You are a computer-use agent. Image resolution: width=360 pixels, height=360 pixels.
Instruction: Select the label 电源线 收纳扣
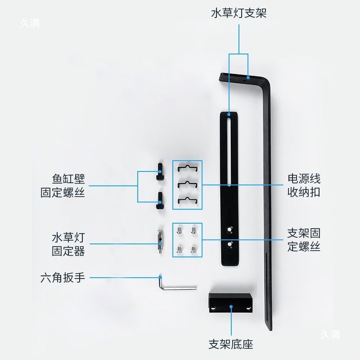304,185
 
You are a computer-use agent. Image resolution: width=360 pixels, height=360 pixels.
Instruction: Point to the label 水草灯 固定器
68,244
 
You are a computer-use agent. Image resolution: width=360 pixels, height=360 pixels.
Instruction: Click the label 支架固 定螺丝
304,240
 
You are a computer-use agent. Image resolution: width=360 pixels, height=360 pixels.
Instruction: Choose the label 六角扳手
63,277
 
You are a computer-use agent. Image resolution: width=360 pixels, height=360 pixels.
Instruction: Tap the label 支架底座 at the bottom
231,345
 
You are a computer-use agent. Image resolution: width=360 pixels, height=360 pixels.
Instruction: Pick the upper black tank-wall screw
159,173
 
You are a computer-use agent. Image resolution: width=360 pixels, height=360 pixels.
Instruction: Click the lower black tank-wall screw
160,201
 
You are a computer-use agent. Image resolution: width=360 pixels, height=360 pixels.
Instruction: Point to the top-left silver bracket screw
180,230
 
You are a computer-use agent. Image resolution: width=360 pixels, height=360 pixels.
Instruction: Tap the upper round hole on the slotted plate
230,229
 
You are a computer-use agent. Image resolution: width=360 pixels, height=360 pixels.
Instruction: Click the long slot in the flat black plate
229,148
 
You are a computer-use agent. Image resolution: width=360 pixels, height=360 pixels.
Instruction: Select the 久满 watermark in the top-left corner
30,23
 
